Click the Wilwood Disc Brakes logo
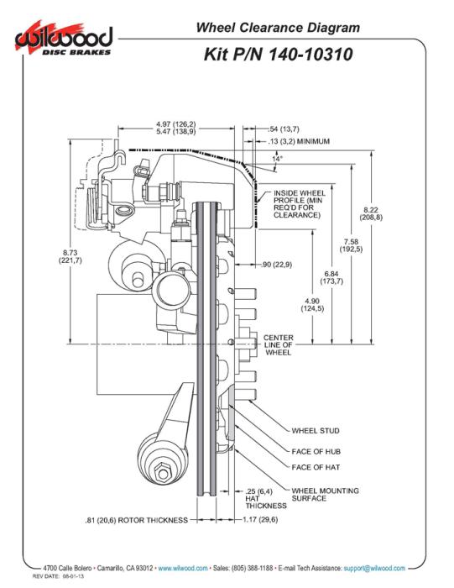click(x=64, y=39)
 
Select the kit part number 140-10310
click(x=310, y=55)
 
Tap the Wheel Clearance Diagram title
click(x=278, y=28)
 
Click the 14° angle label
click(x=277, y=158)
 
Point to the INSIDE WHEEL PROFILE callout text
click(x=300, y=204)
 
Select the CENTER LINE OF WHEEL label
click(x=278, y=345)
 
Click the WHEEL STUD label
click(x=316, y=431)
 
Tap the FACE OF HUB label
click(x=316, y=452)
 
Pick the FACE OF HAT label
click(x=316, y=467)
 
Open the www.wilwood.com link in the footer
click(x=183, y=568)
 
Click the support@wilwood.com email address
click(x=374, y=568)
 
